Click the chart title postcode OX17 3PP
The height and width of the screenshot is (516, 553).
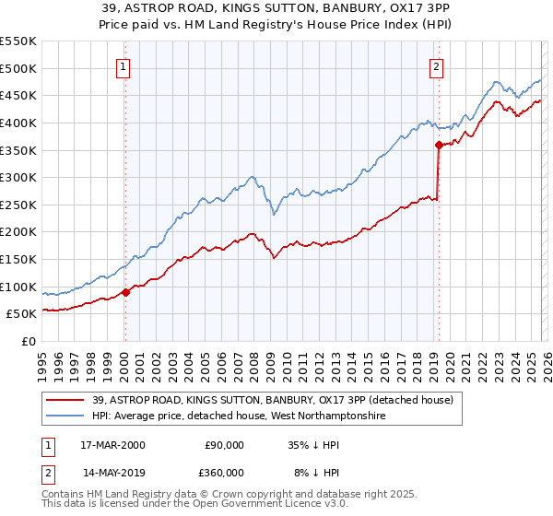coord(402,10)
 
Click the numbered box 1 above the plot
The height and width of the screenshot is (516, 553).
coord(123,66)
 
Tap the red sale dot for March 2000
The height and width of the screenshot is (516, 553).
coord(126,292)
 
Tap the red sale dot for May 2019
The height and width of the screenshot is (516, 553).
coord(439,144)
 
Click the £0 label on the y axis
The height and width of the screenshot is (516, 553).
coord(29,342)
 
